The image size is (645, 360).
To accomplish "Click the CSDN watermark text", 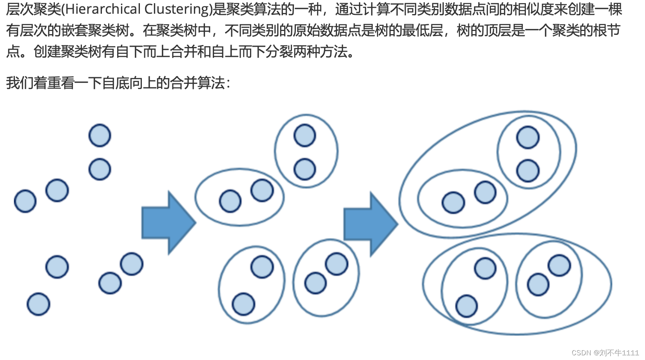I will click(x=581, y=353).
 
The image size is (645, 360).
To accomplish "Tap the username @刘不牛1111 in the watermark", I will click(x=616, y=353).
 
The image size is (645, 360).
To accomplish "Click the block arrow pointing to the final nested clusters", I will click(x=370, y=224).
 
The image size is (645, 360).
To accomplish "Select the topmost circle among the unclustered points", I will click(x=100, y=136).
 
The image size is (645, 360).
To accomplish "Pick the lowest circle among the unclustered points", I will click(x=38, y=304).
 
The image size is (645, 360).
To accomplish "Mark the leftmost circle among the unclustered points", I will click(x=25, y=201).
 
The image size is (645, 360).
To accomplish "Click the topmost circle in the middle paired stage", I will click(x=305, y=136).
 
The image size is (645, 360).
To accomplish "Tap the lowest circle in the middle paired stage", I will click(x=243, y=304).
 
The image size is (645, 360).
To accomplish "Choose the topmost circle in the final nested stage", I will click(x=528, y=137).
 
